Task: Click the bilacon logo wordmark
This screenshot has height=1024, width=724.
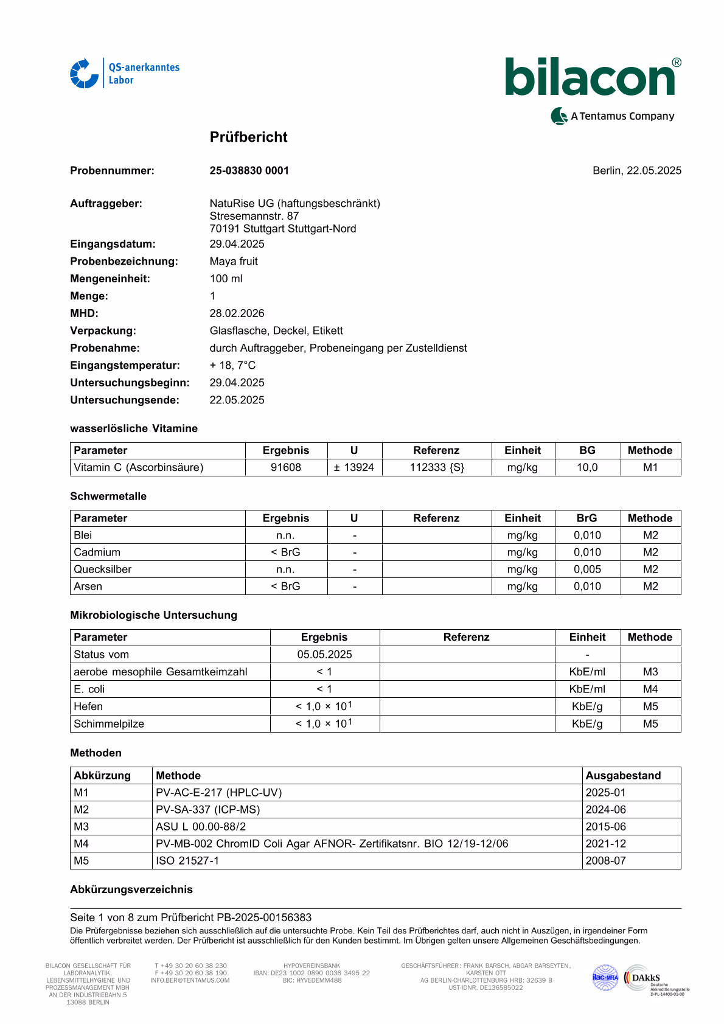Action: [x=590, y=78]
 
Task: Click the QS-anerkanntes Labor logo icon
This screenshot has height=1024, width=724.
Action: [x=84, y=74]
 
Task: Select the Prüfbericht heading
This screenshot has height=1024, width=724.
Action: [x=248, y=137]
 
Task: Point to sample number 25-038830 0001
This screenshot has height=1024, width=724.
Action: [x=249, y=170]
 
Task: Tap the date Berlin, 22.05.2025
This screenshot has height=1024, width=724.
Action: [x=636, y=170]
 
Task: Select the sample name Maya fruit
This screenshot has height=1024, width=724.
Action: [x=234, y=261]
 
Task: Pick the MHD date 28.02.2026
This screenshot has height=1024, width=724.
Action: [x=237, y=313]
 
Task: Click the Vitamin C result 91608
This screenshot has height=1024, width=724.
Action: [x=286, y=467]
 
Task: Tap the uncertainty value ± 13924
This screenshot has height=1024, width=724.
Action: [x=354, y=467]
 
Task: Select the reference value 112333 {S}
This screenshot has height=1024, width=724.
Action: [x=437, y=467]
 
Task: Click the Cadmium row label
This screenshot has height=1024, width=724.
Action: [x=97, y=552]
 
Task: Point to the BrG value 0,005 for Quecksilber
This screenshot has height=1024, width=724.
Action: [x=587, y=569]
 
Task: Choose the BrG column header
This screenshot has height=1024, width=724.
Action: [x=587, y=518]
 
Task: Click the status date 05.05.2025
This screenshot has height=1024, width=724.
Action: [x=324, y=654]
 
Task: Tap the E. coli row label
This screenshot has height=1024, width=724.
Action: [x=89, y=689]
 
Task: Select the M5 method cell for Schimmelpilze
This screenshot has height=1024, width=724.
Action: [x=650, y=723]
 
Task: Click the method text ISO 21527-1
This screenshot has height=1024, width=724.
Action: [x=187, y=860]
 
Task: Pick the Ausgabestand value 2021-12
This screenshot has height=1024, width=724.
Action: [x=605, y=843]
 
